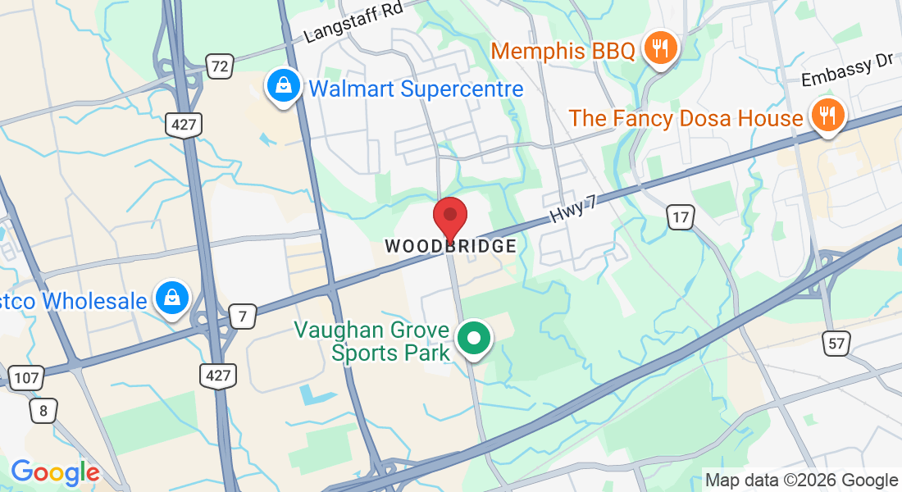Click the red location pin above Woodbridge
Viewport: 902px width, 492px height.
tap(450, 217)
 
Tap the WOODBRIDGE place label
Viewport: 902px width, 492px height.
tap(451, 246)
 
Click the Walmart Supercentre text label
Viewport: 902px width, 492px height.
tap(415, 89)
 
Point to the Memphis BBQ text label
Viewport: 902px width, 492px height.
tap(563, 52)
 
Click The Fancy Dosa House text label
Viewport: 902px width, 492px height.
tap(686, 118)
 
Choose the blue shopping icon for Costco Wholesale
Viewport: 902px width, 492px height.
tap(173, 298)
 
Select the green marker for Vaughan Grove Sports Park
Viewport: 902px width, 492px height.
tap(473, 339)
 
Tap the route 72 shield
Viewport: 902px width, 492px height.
tap(219, 66)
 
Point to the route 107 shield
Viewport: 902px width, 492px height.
tap(26, 377)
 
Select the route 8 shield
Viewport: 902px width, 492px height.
tap(43, 410)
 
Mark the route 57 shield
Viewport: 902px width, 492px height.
tap(837, 344)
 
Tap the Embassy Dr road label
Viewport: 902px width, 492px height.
tap(847, 72)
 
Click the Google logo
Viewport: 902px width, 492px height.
tap(55, 472)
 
